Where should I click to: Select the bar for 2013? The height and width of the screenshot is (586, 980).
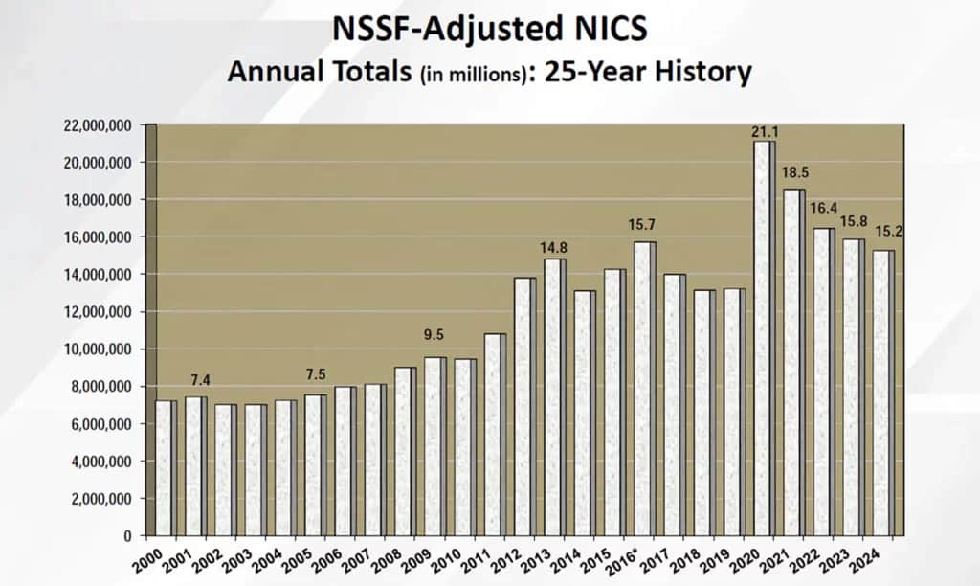tap(554, 396)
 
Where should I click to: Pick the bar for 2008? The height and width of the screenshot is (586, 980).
tap(405, 451)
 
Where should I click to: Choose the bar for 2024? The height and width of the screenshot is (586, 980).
tap(883, 393)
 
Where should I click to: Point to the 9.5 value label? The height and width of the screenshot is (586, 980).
tap(434, 336)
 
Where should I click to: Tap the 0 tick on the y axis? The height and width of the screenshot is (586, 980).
tap(133, 536)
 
